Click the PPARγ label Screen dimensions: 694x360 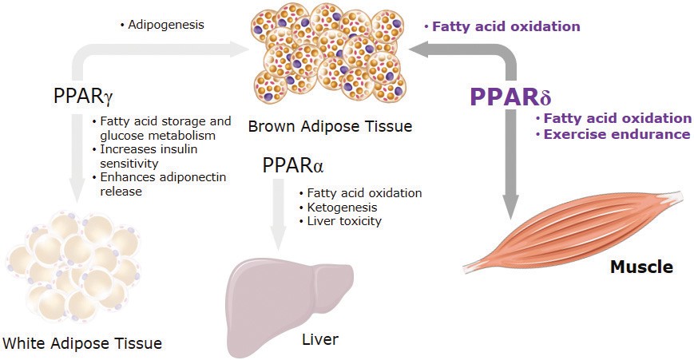coord(83,97)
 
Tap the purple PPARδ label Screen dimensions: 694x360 coord(510,97)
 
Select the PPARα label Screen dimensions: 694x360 coord(293,165)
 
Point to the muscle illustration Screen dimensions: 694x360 coord(573,231)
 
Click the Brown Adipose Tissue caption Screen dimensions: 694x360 coord(330,126)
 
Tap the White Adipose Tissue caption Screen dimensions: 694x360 coord(82,343)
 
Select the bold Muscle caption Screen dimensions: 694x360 coord(641,267)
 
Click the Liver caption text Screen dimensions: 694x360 coord(320,339)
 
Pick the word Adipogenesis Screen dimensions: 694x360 coord(166,24)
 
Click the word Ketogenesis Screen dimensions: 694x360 coord(342,208)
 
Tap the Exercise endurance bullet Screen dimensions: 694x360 coord(613,134)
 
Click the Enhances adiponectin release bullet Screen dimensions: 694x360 coord(160,184)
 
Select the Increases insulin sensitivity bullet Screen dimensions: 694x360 coord(145,156)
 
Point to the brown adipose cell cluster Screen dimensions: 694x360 coord(329,52)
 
